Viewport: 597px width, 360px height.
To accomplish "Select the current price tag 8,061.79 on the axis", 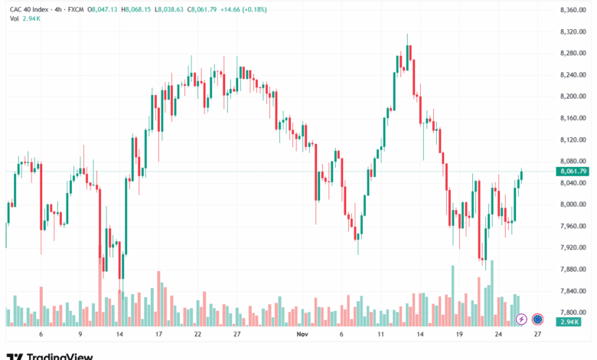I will click(573, 172).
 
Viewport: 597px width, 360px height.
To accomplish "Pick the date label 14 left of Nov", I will click(119, 335).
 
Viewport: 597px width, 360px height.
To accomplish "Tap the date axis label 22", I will click(197, 335).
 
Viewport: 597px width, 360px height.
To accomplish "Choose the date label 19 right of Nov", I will click(458, 335).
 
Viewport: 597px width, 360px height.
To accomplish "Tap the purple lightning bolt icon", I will click(521, 319).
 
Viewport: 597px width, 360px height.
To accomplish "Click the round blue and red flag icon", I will click(537, 319).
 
